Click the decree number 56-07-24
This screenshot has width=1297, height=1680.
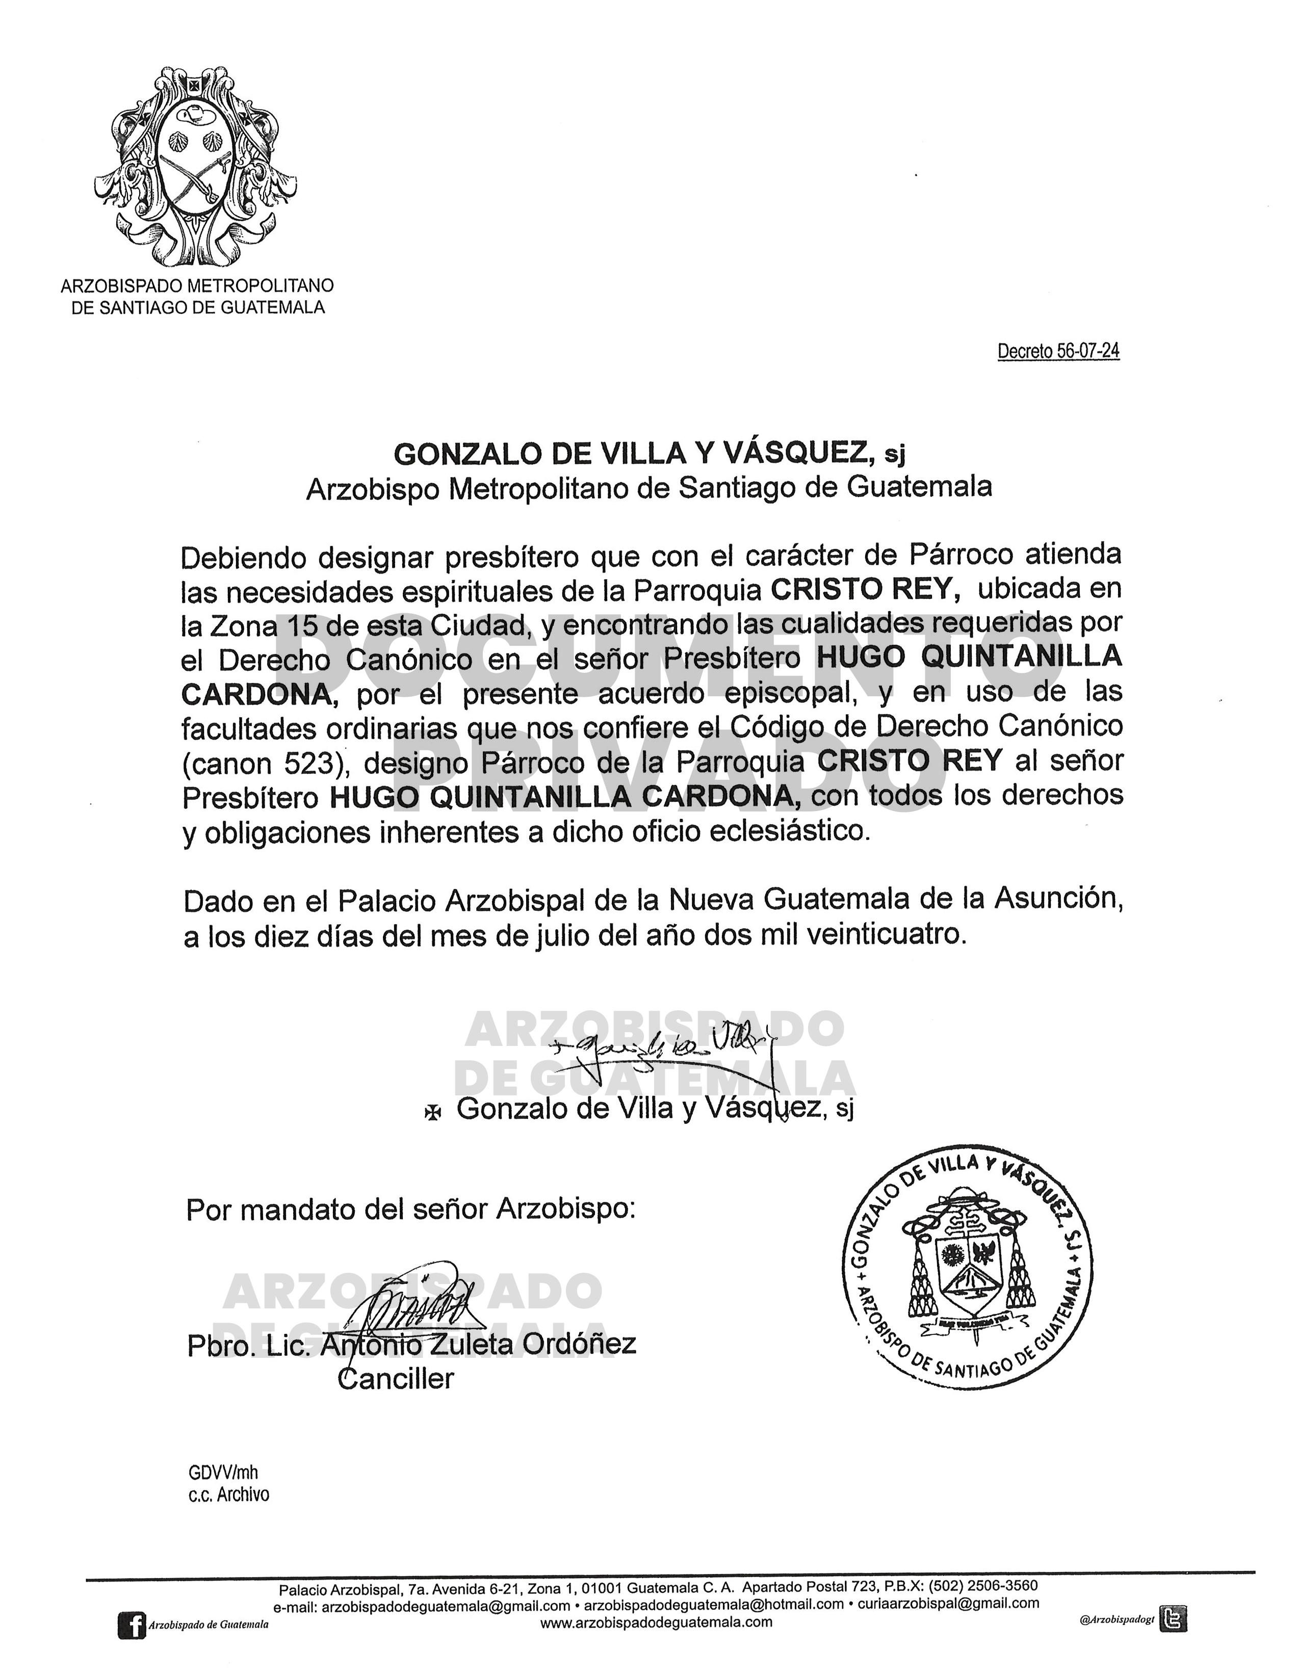[1058, 352]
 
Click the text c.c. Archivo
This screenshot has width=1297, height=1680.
[228, 1494]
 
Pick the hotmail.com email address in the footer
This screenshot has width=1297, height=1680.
[714, 1605]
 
